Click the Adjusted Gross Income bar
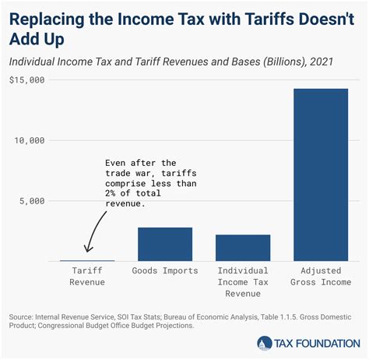click(x=321, y=175)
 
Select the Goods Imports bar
click(x=165, y=244)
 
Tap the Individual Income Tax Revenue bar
click(x=243, y=248)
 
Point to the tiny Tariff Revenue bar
click(x=87, y=260)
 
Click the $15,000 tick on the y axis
click(x=27, y=80)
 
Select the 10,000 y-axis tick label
click(x=30, y=140)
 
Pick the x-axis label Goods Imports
click(x=165, y=271)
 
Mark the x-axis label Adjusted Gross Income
click(x=321, y=277)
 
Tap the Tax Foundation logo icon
click(x=265, y=342)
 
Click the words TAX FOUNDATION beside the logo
click(x=316, y=342)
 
